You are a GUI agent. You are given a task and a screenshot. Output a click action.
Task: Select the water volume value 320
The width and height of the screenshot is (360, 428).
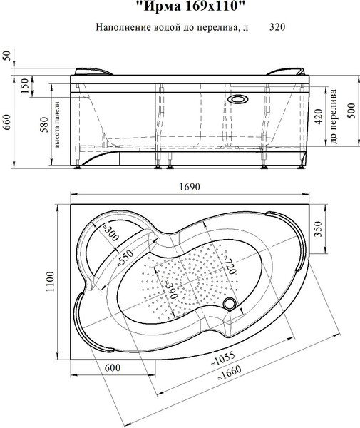tap(277, 27)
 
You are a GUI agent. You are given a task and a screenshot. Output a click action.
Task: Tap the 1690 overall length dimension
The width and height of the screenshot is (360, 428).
tap(190, 187)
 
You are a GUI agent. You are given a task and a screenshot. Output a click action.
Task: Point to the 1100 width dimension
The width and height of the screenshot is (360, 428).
tap(50, 282)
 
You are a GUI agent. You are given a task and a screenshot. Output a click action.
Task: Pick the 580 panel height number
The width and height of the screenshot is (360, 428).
tap(44, 124)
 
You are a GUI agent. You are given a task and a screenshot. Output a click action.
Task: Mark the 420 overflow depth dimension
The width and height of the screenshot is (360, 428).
tap(318, 116)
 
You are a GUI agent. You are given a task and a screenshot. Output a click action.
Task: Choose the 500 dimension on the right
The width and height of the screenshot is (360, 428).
tap(351, 111)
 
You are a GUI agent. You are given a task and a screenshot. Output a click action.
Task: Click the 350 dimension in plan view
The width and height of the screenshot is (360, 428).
tap(318, 229)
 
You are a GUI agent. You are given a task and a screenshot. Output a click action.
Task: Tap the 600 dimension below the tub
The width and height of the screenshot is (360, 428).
tap(113, 367)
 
